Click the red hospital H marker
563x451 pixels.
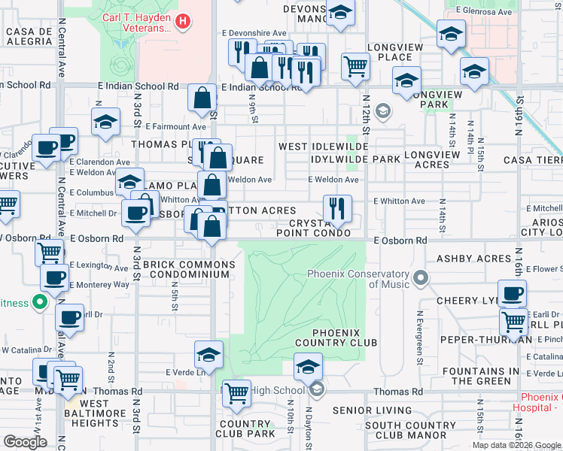tap(181, 22)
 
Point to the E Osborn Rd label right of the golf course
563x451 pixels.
tap(400, 240)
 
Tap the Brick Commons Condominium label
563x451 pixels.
tap(185, 269)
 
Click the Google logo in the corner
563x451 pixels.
tap(25, 442)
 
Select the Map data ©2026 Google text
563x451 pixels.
tap(516, 445)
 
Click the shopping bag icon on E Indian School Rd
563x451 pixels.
tap(202, 97)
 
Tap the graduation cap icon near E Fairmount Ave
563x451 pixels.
tap(106, 120)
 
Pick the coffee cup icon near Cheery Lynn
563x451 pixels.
tap(512, 292)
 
